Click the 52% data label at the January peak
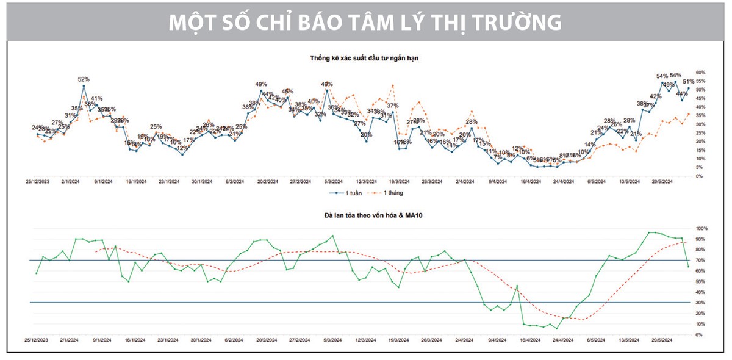[x=84, y=79]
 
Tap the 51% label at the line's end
[x=688, y=81]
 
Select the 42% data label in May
[x=655, y=96]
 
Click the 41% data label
[x=96, y=98]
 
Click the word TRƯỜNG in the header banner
[x=518, y=22]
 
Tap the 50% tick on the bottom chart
[x=701, y=281]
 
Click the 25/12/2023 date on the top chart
[x=37, y=181]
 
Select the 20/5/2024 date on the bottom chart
[x=662, y=339]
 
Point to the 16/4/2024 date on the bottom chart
[x=531, y=339]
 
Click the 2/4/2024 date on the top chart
[x=465, y=181]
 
